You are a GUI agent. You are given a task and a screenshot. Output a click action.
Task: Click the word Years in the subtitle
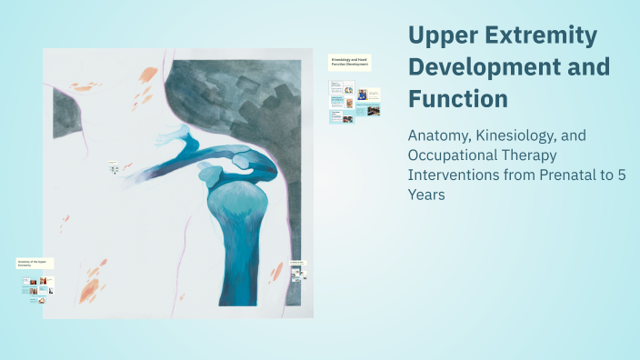[427, 195]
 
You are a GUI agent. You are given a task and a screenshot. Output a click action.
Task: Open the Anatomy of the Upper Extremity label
[35, 263]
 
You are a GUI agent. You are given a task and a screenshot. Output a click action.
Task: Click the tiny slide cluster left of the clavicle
[114, 168]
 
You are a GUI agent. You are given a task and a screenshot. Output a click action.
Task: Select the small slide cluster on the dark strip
[298, 270]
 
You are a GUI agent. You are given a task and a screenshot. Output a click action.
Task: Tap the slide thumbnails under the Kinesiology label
[355, 100]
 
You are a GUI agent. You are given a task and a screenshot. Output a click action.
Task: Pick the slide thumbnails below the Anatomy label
[37, 285]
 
